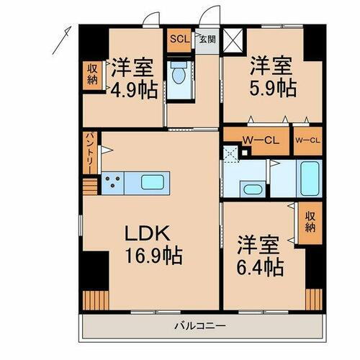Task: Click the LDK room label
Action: tap(148, 234)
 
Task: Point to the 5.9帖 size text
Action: tap(272, 88)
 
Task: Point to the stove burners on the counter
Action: tap(113, 184)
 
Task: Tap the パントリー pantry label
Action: tap(89, 150)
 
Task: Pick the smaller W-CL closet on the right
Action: tap(306, 140)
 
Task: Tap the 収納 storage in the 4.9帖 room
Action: tap(92, 73)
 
